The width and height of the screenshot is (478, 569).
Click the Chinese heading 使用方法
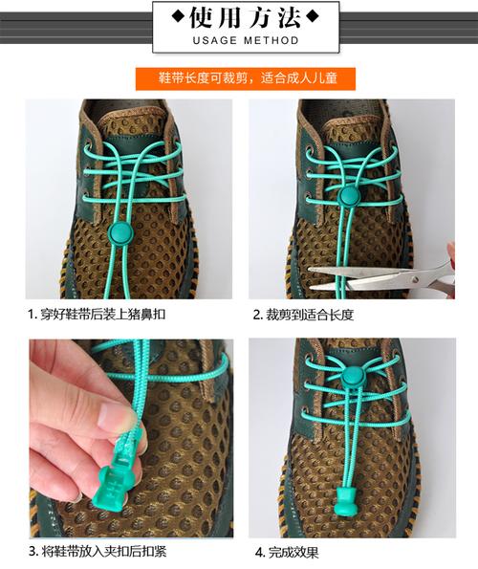(246, 17)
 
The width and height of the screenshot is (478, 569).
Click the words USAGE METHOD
(246, 40)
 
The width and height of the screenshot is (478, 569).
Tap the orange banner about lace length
(246, 78)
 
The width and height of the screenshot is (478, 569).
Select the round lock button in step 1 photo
(119, 230)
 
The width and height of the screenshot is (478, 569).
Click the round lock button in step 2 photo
(349, 194)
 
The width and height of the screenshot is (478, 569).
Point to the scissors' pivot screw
(415, 279)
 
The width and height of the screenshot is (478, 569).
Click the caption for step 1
(97, 315)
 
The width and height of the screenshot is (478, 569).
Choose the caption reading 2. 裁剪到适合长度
(303, 315)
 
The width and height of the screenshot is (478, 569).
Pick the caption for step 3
(98, 552)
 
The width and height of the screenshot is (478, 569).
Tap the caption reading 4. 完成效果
(287, 553)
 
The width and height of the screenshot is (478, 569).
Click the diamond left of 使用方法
(178, 16)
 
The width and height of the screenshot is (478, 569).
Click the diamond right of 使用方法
(313, 16)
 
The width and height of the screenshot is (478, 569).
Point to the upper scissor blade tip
(309, 269)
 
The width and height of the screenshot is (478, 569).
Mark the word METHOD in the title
(272, 40)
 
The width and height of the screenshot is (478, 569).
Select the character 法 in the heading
(290, 17)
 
